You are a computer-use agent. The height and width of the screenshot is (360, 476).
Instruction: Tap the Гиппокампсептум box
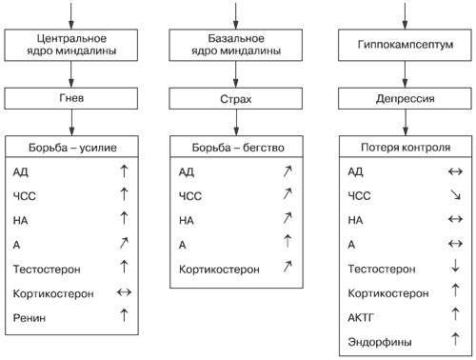(402, 45)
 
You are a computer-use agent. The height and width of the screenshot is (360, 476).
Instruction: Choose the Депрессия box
(402, 98)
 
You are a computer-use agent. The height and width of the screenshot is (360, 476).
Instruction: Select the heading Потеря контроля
(402, 148)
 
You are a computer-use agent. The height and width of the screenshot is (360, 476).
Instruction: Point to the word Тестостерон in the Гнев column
(46, 270)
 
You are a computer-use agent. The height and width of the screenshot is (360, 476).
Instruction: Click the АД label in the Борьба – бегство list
(187, 172)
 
